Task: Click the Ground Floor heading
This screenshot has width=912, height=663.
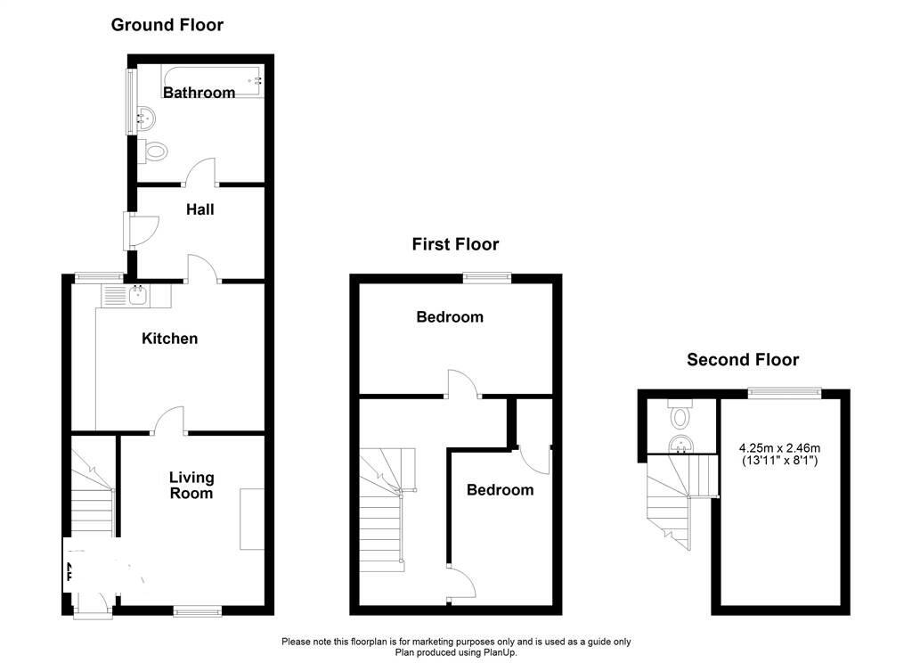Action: click(167, 25)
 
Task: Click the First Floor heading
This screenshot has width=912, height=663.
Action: click(455, 244)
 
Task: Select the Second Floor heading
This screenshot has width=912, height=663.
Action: click(743, 360)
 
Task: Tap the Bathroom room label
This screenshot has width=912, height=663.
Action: click(199, 93)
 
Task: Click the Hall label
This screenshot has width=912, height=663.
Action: click(200, 210)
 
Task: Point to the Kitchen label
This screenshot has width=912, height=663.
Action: click(170, 339)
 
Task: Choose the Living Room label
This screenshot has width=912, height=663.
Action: click(191, 486)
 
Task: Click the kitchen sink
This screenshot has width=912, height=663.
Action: click(139, 294)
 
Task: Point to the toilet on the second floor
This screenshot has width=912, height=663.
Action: click(682, 415)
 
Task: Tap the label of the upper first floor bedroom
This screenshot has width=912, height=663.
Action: click(450, 317)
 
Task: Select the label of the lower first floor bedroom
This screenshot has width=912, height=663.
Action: click(500, 490)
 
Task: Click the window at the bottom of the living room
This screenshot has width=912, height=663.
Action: click(197, 610)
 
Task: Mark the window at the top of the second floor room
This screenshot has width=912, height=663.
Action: click(784, 390)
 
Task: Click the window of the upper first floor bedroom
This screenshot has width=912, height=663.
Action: click(487, 277)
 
